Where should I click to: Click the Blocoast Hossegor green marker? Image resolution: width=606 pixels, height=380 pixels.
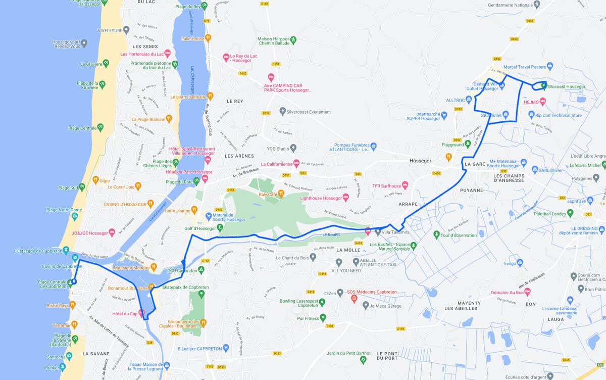pyautogui.click(x=544, y=86)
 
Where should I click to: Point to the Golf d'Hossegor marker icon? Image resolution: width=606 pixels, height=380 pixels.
pyautogui.click(x=220, y=228)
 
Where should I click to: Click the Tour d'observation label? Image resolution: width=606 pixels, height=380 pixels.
pyautogui.click(x=459, y=235)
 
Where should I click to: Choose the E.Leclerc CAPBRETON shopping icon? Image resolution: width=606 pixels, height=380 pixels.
pyautogui.click(x=226, y=348)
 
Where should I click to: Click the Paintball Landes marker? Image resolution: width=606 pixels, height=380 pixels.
pyautogui.click(x=570, y=213)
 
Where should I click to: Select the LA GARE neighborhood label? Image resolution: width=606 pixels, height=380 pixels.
pyautogui.click(x=474, y=164)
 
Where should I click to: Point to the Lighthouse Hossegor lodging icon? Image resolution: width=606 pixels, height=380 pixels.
pyautogui.click(x=345, y=197)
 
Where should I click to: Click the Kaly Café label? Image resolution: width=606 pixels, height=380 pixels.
pyautogui.click(x=268, y=194)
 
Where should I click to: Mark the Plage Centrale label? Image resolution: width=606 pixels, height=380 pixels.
pyautogui.click(x=82, y=128)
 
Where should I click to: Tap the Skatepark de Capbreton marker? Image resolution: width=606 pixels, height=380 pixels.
pyautogui.click(x=201, y=294)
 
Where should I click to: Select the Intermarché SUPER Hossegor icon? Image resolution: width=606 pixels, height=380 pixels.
pyautogui.click(x=444, y=116)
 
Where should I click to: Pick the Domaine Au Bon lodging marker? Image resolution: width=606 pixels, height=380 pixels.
pyautogui.click(x=528, y=292)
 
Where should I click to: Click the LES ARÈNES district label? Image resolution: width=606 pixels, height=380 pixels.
pyautogui.click(x=235, y=156)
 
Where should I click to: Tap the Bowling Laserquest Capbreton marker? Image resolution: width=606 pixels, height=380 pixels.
pyautogui.click(x=322, y=303)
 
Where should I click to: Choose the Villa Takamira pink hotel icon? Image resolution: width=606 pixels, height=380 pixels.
pyautogui.click(x=368, y=232)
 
